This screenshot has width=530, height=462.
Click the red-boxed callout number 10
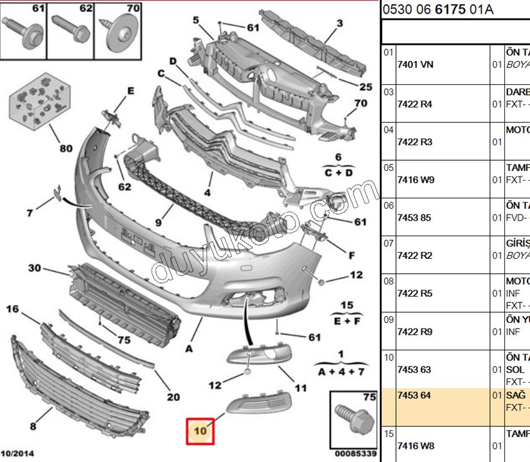click(x=200, y=431)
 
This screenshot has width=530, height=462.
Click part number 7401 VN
click(x=415, y=64)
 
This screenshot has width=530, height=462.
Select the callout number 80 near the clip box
click(x=65, y=148)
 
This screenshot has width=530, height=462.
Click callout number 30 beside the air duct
click(x=34, y=269)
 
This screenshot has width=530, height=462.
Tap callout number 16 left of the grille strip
click(x=13, y=309)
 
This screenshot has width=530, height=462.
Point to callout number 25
click(x=365, y=87)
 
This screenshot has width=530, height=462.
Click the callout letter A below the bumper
click(x=189, y=349)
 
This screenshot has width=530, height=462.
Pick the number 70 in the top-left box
click(x=133, y=9)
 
